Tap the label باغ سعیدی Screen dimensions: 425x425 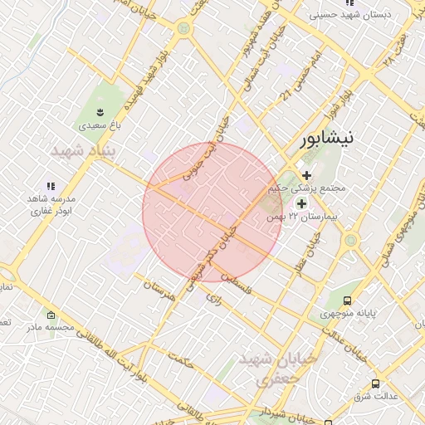coord(100,127)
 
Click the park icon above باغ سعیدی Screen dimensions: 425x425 coord(100,111)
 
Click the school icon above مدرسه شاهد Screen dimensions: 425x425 coord(51,186)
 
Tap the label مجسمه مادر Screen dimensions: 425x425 coord(51,327)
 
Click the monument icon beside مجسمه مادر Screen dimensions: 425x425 coord(51,315)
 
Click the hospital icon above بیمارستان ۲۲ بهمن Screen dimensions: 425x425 coord(300,202)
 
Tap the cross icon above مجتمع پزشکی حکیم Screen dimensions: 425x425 coord(307,175)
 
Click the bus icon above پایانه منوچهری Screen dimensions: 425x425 coord(347,300)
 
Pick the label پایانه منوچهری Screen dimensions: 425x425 coord(349,314)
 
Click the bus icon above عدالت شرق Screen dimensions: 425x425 coord(375,383)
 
